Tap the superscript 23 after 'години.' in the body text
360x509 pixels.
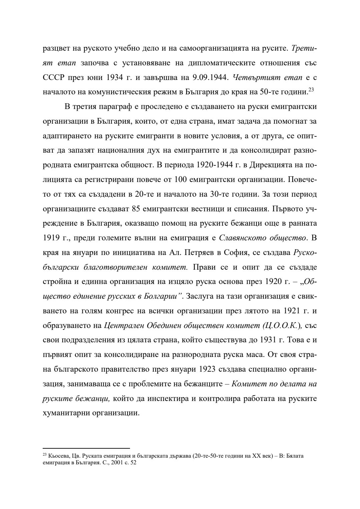[x=311, y=89]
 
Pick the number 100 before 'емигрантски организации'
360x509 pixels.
[x=180, y=180]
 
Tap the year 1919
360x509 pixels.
[x=51, y=238]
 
